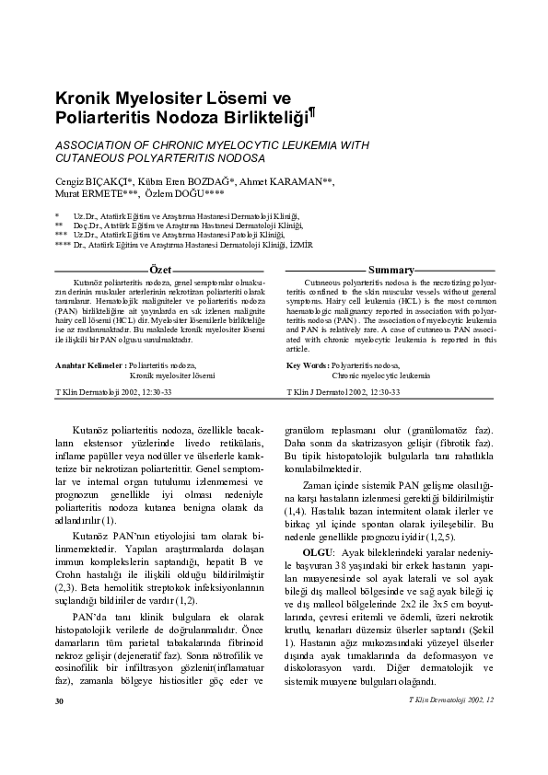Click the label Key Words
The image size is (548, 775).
(x=308, y=365)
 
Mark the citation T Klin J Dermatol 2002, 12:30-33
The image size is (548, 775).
(x=344, y=391)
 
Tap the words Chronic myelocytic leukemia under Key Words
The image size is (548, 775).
(x=380, y=376)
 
